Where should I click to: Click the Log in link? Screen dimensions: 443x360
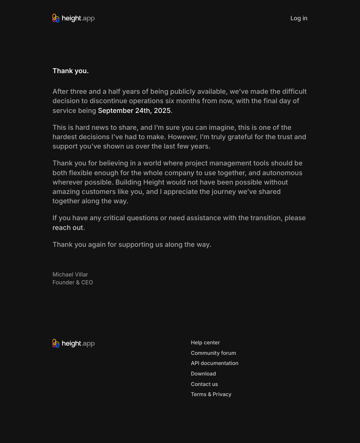(x=298, y=18)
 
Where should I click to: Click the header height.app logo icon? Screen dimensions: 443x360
(x=56, y=18)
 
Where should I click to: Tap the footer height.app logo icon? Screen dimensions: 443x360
(x=56, y=344)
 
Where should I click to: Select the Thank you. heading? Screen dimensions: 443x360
(x=70, y=71)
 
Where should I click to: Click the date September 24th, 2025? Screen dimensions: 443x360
(x=134, y=111)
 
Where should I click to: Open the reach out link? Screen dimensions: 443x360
(x=68, y=228)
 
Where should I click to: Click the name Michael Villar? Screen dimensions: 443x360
(x=70, y=275)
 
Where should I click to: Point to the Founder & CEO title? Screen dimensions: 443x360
(x=73, y=282)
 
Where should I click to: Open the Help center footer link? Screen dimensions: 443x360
(x=205, y=342)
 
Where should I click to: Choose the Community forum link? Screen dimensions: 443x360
(x=213, y=353)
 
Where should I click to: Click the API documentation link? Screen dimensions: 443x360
(x=214, y=363)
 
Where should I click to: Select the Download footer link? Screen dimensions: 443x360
(x=203, y=374)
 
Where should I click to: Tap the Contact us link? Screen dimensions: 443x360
(x=204, y=384)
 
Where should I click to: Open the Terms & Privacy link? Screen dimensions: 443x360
(x=211, y=394)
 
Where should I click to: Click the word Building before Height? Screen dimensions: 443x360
(x=128, y=182)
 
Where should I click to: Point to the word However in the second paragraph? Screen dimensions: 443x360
(x=183, y=137)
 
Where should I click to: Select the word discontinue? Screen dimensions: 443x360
(x=109, y=101)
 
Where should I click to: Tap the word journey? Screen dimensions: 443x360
(x=224, y=192)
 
